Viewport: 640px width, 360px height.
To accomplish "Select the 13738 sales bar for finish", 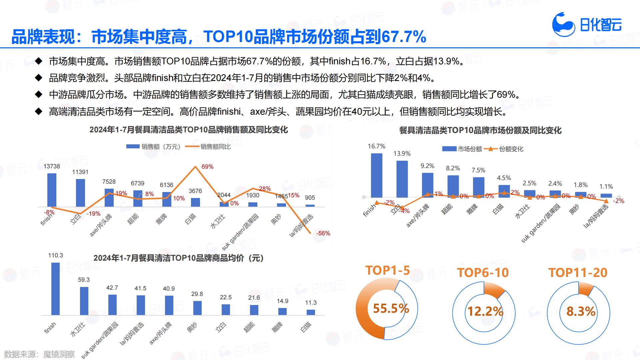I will click(x=52, y=190).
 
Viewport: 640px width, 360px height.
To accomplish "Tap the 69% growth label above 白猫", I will click(x=207, y=167).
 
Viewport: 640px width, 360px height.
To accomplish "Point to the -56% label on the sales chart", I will click(x=323, y=233).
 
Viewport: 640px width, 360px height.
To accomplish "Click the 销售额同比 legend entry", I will click(x=215, y=147).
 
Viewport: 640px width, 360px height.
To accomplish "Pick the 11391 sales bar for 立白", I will click(x=80, y=193).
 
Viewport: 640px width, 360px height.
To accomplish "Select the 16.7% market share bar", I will click(x=377, y=175).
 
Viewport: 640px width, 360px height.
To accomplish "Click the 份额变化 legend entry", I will click(x=511, y=149).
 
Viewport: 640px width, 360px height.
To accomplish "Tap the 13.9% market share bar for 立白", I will click(x=402, y=179).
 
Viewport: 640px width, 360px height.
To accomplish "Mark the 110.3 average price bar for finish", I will click(x=55, y=289).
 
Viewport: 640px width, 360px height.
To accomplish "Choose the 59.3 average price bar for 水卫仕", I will click(x=84, y=301).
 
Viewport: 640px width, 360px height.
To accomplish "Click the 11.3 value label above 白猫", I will click(x=311, y=303).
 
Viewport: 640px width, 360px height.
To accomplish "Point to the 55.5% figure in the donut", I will click(x=391, y=308).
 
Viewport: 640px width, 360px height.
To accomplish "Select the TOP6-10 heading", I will click(x=483, y=273).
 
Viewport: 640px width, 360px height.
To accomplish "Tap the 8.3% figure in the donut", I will click(x=581, y=311).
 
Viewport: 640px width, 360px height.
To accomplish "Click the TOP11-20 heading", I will click(x=578, y=273).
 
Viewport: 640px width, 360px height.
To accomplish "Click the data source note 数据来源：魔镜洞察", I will click(x=40, y=354).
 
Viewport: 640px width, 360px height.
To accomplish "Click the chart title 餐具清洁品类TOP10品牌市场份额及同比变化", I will click(x=480, y=130).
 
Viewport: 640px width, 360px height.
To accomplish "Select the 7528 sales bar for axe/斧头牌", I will click(x=109, y=198).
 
